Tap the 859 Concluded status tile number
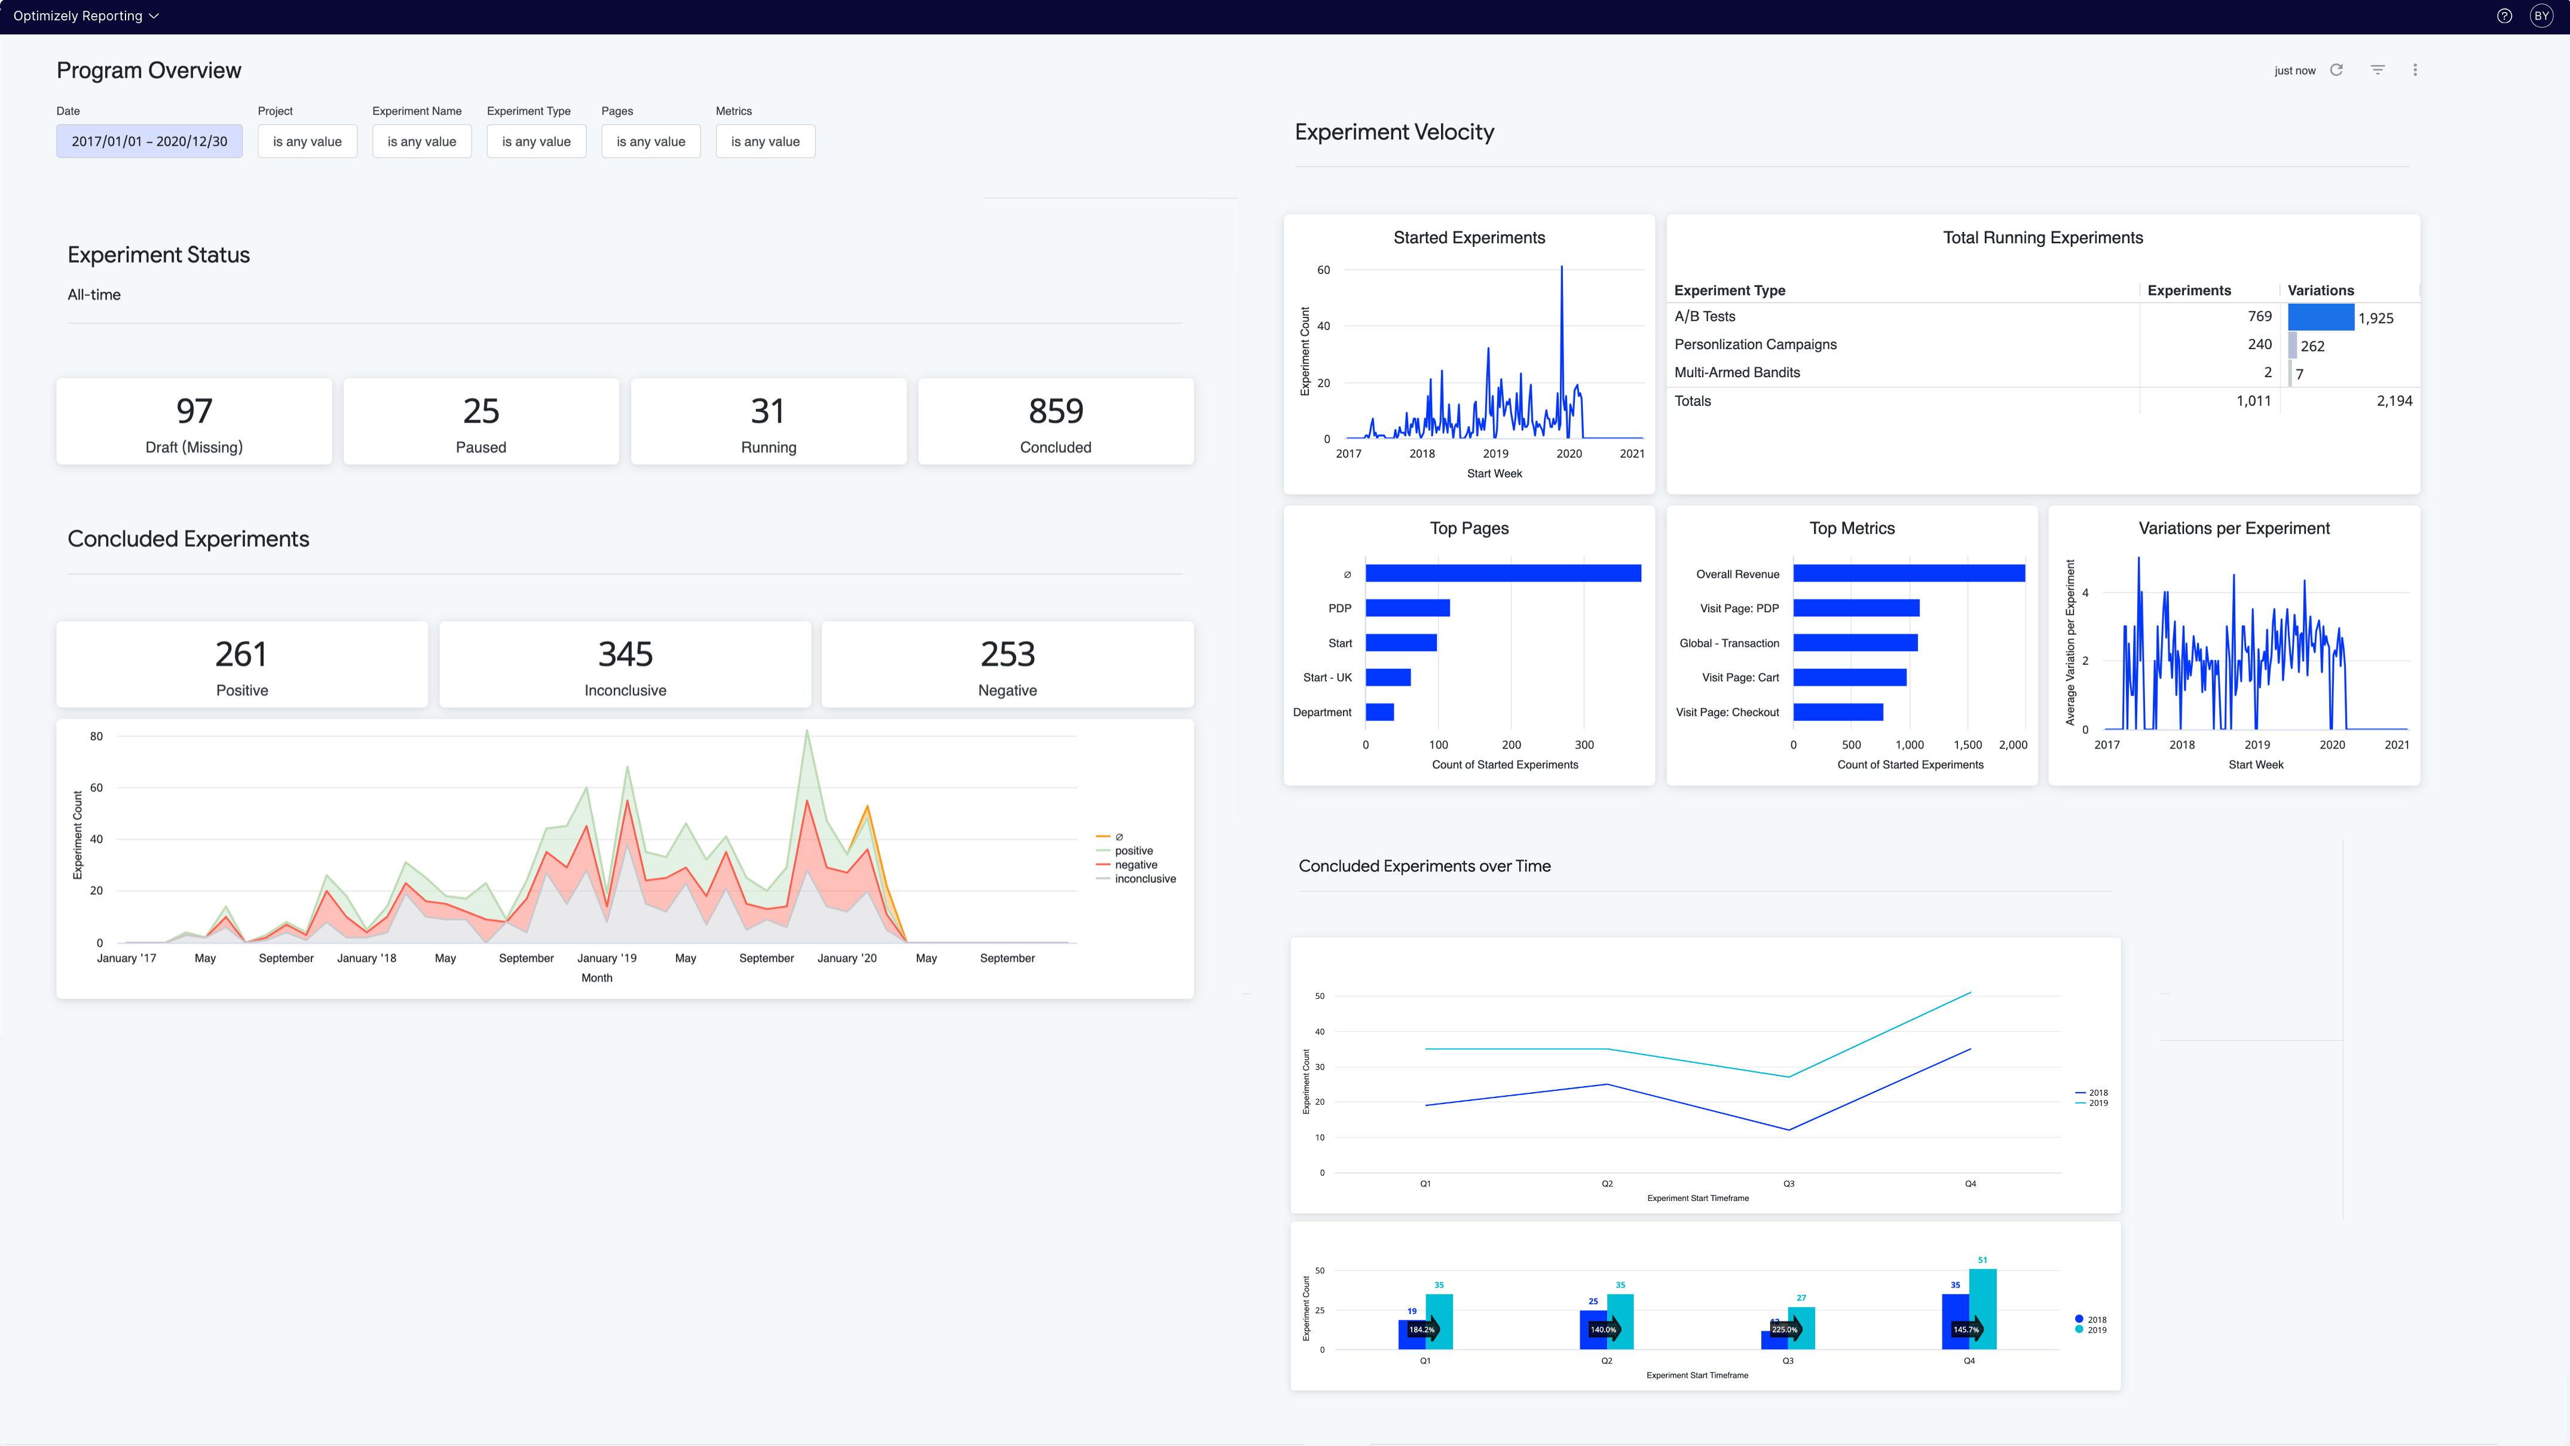pos(1055,411)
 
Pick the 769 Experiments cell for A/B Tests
pos(2259,316)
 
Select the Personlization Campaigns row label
pos(1755,344)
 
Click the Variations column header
pos(2320,291)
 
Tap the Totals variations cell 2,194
pos(2394,401)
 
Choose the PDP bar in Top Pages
pos(1407,608)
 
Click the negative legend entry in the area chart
pos(1136,865)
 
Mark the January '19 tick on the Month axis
pos(607,958)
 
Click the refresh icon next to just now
pos(2336,70)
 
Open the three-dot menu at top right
pos(2415,70)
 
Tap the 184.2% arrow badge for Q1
pos(1422,1329)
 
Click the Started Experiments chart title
pos(1468,237)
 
